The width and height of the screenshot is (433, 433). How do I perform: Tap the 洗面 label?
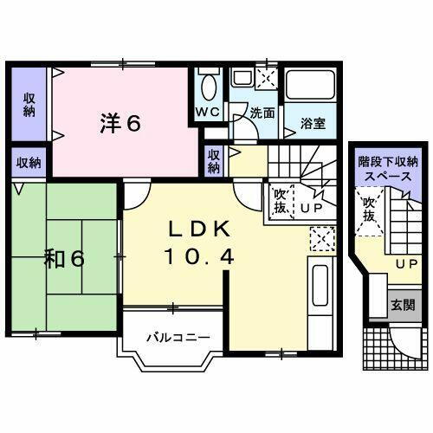262,113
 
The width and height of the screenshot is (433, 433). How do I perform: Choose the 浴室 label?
313,122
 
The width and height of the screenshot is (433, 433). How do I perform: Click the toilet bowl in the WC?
208,87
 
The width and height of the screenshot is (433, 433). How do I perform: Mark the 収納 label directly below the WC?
214,162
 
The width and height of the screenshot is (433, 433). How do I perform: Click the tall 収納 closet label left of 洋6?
29,104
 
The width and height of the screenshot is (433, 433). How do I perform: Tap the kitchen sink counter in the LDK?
320,290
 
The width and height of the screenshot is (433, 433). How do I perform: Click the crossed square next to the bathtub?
267,78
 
